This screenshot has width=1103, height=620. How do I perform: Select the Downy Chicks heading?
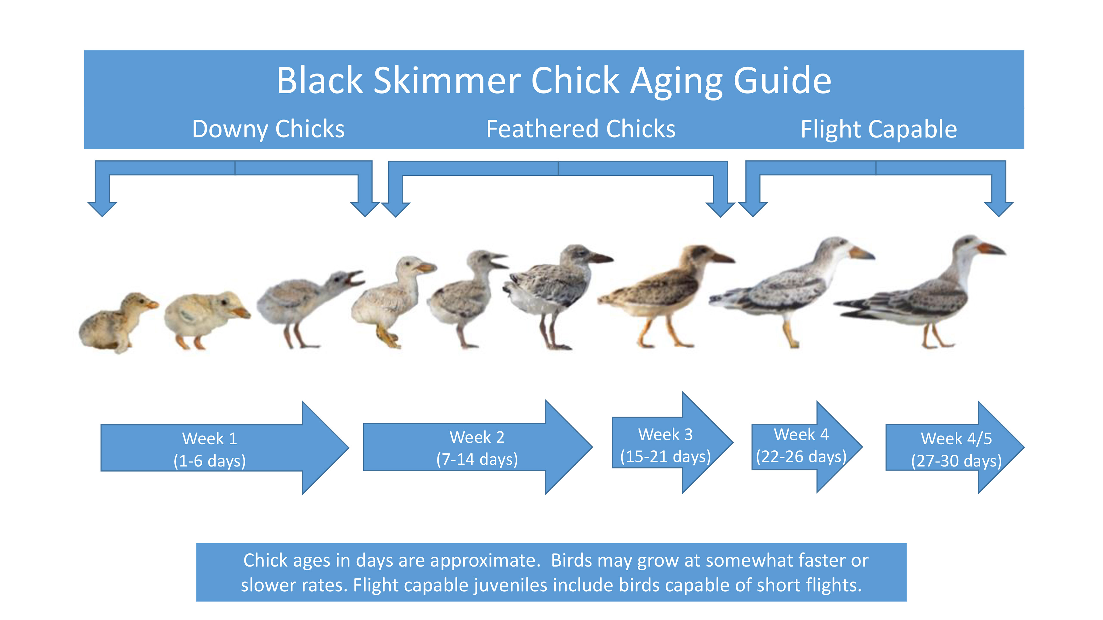pyautogui.click(x=268, y=129)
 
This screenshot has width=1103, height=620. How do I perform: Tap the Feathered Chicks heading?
pyautogui.click(x=581, y=129)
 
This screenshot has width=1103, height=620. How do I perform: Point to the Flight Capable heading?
pyautogui.click(x=879, y=129)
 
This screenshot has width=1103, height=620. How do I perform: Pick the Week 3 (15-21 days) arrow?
pyautogui.click(x=666, y=445)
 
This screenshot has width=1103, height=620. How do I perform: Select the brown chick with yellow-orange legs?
pyautogui.click(x=664, y=291)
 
